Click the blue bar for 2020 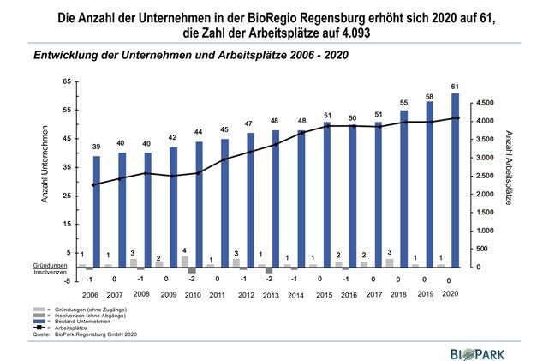[454, 180]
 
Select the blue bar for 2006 [97, 210]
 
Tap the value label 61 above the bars [454, 87]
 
